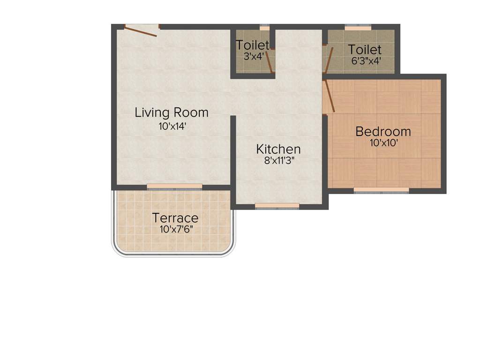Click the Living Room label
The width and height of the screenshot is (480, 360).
pos(172,112)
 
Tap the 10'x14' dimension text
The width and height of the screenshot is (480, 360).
pos(172,126)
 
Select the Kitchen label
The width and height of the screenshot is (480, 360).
pos(278,150)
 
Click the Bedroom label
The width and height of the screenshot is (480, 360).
pos(383,131)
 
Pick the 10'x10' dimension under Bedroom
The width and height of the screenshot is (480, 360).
pos(384,143)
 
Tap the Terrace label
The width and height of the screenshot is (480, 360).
pos(175,218)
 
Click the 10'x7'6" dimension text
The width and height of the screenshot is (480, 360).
pos(175,230)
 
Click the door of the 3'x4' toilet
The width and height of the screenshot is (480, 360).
pos(269,61)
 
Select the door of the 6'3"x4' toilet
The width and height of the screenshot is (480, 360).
pos(329,60)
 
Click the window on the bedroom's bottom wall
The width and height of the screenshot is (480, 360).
pos(381,190)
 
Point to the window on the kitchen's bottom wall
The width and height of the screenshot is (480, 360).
pos(277,205)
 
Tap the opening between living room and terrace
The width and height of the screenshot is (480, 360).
pos(174,187)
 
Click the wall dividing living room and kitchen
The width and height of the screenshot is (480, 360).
pos(233,150)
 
